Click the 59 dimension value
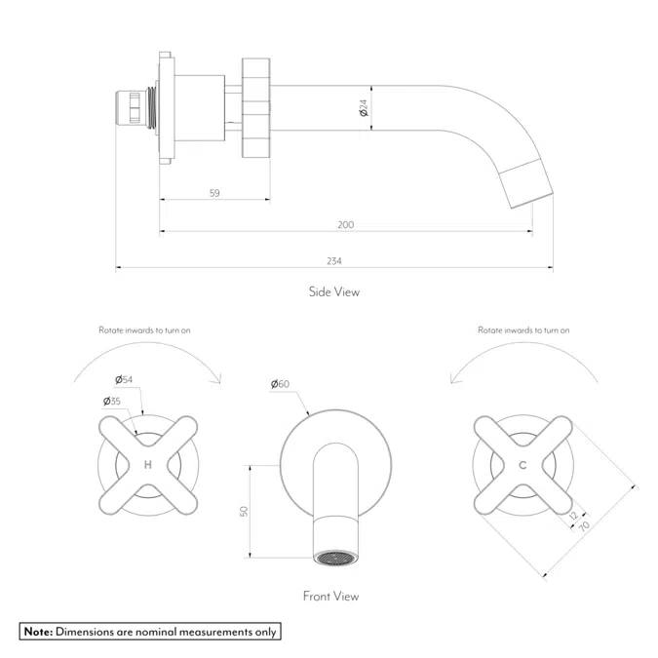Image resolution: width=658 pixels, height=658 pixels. point(214,193)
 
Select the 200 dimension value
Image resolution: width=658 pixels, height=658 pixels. point(345,225)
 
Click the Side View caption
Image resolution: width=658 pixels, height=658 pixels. point(334,291)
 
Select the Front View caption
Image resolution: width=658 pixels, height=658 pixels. point(330,596)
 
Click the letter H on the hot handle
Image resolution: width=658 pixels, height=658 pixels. point(148,465)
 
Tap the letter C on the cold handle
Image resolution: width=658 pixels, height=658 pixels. point(523,465)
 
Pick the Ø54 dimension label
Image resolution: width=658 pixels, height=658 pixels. point(123,379)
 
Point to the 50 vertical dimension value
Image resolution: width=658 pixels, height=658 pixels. point(245,512)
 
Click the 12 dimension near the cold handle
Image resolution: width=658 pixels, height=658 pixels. point(573,516)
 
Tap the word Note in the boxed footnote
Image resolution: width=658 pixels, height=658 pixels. point(38,632)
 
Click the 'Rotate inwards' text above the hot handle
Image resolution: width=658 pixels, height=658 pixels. point(144,330)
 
